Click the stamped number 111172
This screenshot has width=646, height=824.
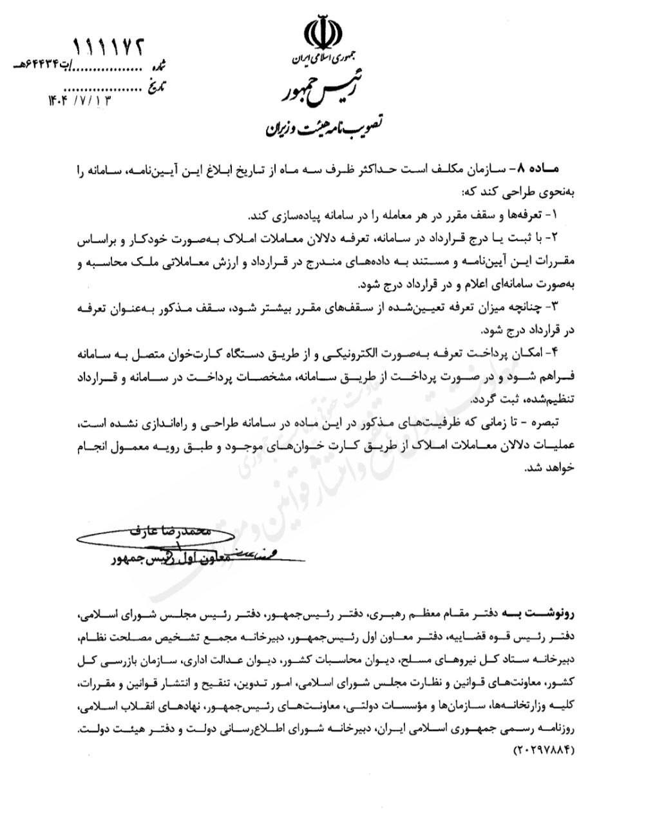click(x=109, y=46)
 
